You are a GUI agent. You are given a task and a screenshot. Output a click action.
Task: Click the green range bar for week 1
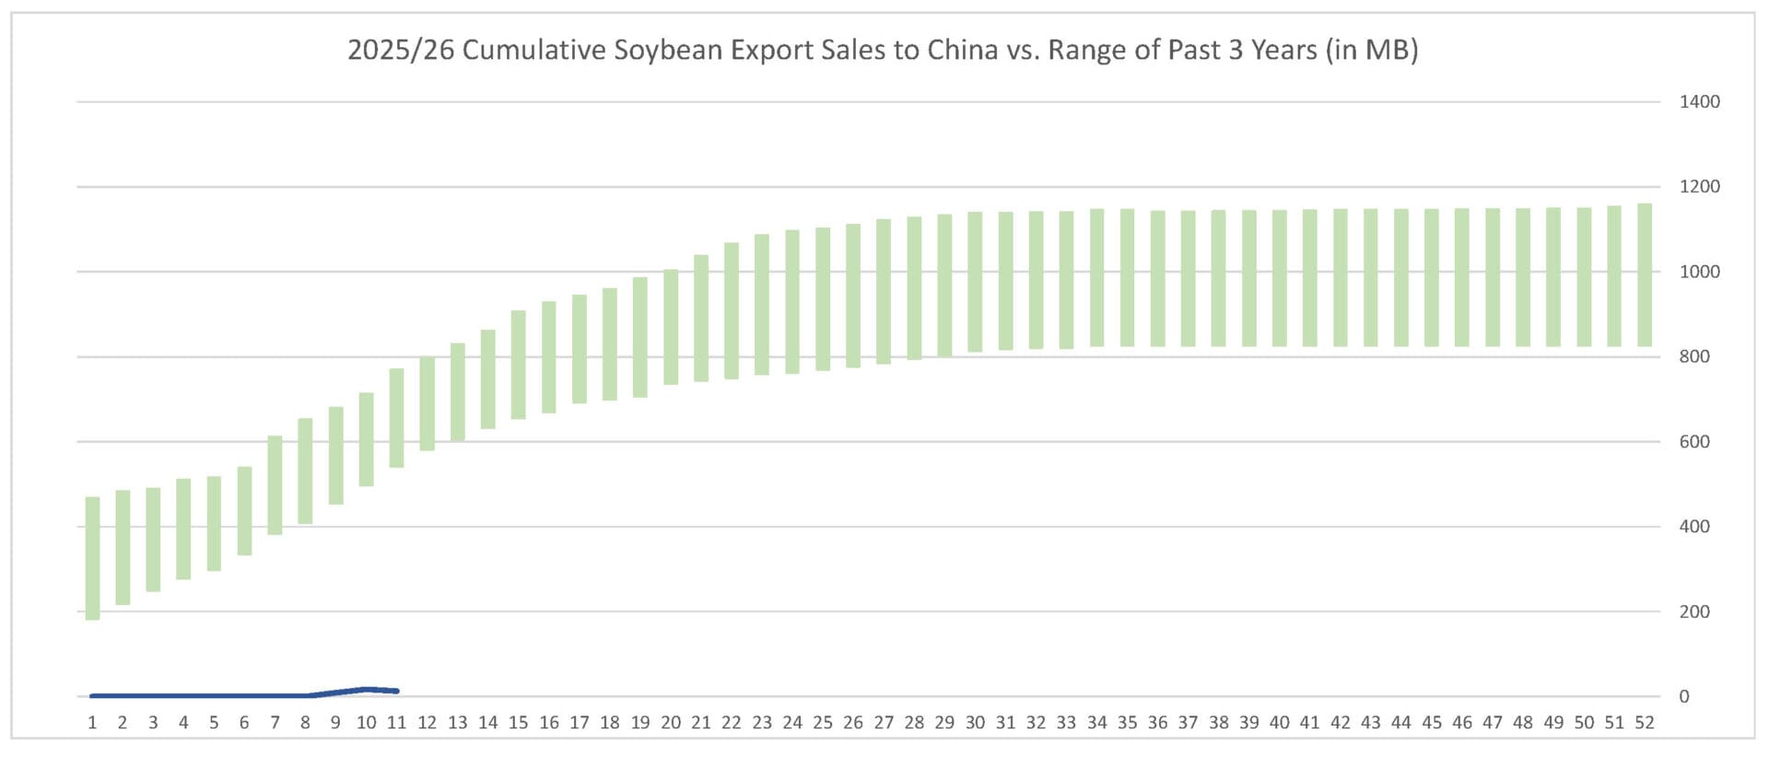(92, 558)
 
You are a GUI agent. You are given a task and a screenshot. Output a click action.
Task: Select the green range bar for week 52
(1645, 274)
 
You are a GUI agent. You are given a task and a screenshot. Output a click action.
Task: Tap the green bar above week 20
(671, 327)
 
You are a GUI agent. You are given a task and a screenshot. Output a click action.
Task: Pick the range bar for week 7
(275, 484)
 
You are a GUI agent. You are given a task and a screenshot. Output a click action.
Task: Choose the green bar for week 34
(1096, 277)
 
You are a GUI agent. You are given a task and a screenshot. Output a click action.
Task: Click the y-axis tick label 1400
(1699, 102)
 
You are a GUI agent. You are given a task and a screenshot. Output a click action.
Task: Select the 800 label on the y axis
(1693, 356)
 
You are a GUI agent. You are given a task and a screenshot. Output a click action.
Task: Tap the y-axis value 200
(1693, 611)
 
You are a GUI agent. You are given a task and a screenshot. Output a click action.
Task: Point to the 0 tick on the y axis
(1683, 697)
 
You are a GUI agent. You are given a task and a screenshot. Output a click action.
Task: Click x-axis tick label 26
(853, 723)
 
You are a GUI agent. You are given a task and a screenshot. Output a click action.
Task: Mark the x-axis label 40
(1279, 723)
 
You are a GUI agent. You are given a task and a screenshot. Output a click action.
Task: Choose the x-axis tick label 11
(396, 723)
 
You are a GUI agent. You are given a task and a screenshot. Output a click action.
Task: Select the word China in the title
(962, 50)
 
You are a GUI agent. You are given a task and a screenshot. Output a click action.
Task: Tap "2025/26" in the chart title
(401, 50)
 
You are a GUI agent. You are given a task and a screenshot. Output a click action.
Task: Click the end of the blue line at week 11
(396, 691)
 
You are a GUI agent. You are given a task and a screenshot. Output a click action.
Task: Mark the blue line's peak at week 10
(367, 689)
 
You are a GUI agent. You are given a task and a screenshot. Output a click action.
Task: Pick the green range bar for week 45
(1432, 277)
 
